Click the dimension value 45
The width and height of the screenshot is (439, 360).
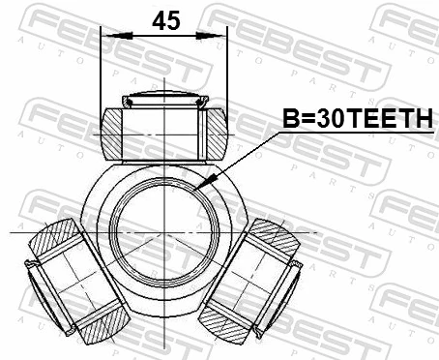coord(165,19)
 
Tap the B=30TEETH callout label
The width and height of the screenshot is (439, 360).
coord(356,118)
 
